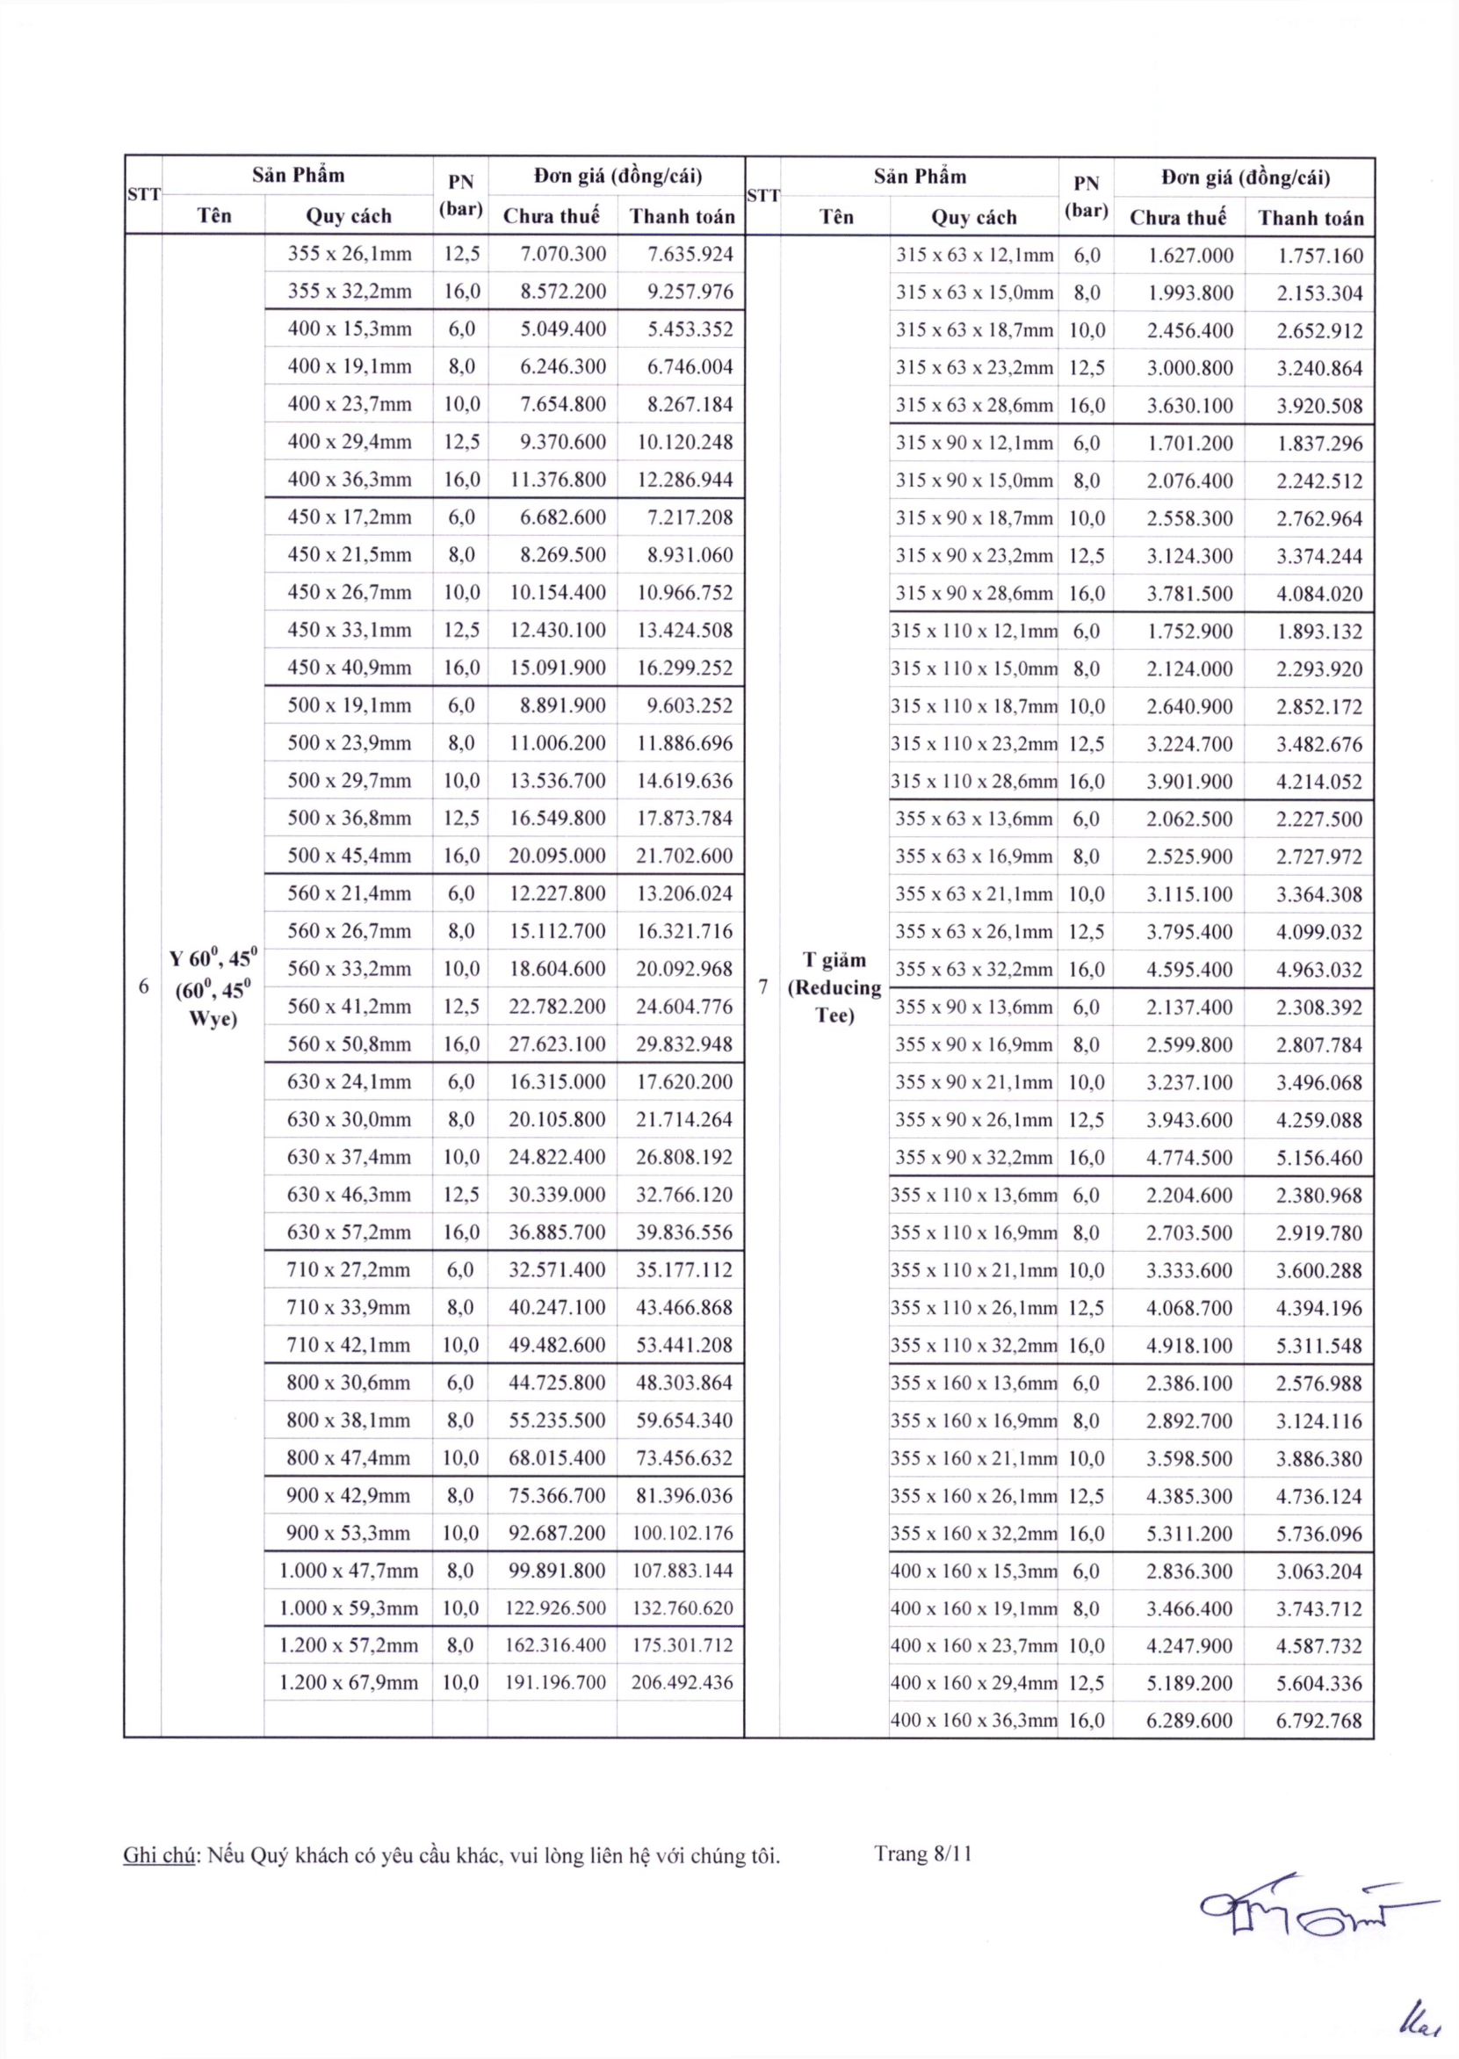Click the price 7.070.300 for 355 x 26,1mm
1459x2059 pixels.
click(x=563, y=254)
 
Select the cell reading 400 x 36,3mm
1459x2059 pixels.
click(x=350, y=480)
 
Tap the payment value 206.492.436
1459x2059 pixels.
click(x=682, y=1682)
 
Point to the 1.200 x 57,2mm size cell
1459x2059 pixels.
click(x=349, y=1645)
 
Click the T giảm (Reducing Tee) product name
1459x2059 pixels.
click(x=834, y=987)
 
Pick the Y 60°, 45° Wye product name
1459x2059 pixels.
click(x=213, y=987)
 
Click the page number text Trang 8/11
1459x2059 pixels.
click(x=923, y=1853)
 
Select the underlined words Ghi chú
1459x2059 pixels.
click(x=159, y=1854)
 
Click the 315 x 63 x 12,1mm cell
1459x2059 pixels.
click(x=974, y=255)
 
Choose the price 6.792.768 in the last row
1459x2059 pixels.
click(x=1318, y=1720)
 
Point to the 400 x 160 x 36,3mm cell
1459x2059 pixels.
click(x=974, y=1720)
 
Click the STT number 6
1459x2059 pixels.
click(x=144, y=986)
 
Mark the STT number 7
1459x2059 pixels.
click(x=762, y=986)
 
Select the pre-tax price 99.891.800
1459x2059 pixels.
click(x=557, y=1571)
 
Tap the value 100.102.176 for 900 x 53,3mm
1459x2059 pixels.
click(x=682, y=1533)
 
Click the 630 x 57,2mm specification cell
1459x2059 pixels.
click(x=350, y=1232)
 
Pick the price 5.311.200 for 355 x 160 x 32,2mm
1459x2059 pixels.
click(x=1188, y=1534)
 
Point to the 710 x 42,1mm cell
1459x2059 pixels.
click(x=350, y=1345)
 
